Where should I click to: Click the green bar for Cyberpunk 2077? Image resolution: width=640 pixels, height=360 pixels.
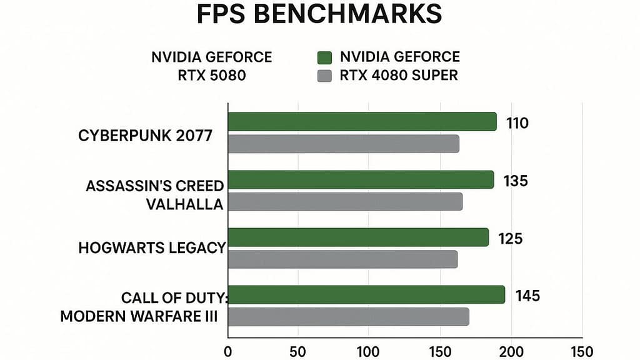coord(362,122)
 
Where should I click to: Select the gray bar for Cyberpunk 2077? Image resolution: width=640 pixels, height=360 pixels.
coord(343,144)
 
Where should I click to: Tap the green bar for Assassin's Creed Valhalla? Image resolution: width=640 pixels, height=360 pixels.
coord(361,180)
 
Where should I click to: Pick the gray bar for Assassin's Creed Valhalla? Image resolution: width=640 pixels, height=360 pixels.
coord(345,202)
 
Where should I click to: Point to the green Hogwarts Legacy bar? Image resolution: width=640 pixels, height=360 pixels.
coord(358,237)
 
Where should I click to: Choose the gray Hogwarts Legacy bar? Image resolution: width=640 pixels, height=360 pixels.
coord(342,259)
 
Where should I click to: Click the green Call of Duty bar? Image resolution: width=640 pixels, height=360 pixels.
coord(366,295)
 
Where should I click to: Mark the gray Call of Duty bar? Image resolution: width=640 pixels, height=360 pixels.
coord(348,317)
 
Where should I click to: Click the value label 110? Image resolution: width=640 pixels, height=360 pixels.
coord(517,123)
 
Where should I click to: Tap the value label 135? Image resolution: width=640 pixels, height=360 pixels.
coord(516,181)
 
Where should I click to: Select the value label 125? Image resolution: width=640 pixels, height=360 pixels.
coord(511,239)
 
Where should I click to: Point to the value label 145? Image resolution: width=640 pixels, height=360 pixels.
coord(527,296)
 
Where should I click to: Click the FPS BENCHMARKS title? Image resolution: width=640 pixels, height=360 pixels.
coord(319,14)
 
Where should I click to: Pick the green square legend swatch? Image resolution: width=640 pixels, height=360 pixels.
coord(324,58)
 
